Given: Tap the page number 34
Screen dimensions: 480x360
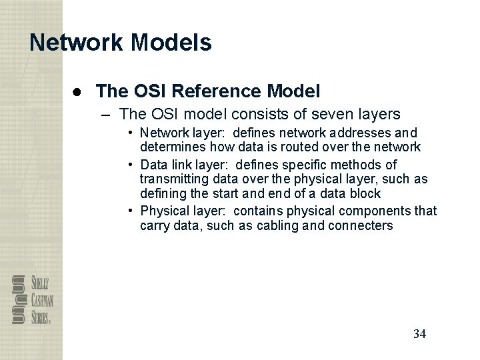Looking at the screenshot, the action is pyautogui.click(x=419, y=333).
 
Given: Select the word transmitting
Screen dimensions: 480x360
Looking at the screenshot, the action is pyautogui.click(x=171, y=179).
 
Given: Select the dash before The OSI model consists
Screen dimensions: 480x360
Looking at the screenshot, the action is pyautogui.click(x=104, y=113).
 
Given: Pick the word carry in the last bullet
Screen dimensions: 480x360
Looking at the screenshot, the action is pyautogui.click(x=155, y=225).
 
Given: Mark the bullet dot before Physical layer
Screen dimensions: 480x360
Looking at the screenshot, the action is pyautogui.click(x=132, y=211).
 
